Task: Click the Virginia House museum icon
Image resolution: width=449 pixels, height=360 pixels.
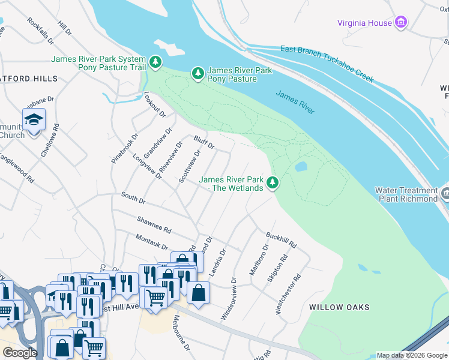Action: [x=401, y=23]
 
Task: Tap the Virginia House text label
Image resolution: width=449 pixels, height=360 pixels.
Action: [x=364, y=23]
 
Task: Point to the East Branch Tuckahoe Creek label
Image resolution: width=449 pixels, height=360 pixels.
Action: [x=327, y=64]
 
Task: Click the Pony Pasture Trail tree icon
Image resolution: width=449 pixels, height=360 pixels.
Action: [x=155, y=62]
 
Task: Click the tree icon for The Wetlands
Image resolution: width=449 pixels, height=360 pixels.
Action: [x=273, y=182]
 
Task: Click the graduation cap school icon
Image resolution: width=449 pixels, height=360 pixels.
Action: [x=34, y=119]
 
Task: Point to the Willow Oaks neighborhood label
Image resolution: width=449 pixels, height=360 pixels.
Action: [x=339, y=307]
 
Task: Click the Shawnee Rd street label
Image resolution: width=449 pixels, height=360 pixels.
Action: [x=154, y=225]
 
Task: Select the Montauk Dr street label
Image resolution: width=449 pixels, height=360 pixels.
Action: [x=151, y=242]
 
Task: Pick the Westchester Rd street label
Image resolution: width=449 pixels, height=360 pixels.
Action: [x=288, y=295]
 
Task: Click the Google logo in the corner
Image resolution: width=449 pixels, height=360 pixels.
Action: [x=20, y=353]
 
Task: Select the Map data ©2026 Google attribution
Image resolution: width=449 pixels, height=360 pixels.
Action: [x=412, y=355]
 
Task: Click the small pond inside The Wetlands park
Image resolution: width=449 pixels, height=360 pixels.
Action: [x=301, y=166]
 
